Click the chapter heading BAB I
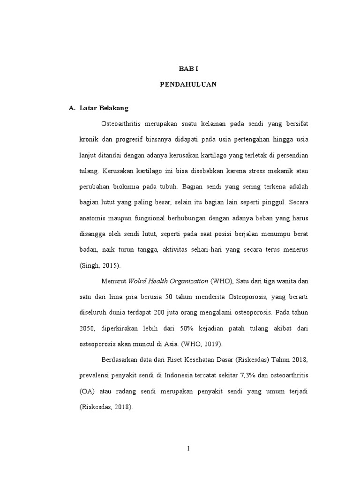click(189, 68)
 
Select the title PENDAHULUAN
click(189, 85)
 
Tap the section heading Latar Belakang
click(101, 108)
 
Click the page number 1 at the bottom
click(188, 449)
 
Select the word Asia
click(161, 344)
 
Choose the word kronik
click(89, 139)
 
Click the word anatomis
click(93, 218)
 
